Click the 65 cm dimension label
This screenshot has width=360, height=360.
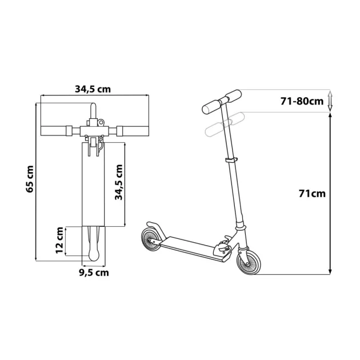point(30,179)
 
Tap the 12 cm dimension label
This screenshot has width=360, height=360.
point(59,240)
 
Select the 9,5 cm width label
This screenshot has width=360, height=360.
point(94,273)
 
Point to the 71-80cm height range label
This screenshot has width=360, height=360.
point(302,101)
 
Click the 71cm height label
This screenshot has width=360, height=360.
point(312,194)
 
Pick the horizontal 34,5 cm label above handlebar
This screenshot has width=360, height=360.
point(93,89)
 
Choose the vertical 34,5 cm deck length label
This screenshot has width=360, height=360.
point(119,182)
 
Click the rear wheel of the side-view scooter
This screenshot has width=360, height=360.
point(151,239)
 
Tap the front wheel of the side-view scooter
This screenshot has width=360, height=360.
point(249,262)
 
